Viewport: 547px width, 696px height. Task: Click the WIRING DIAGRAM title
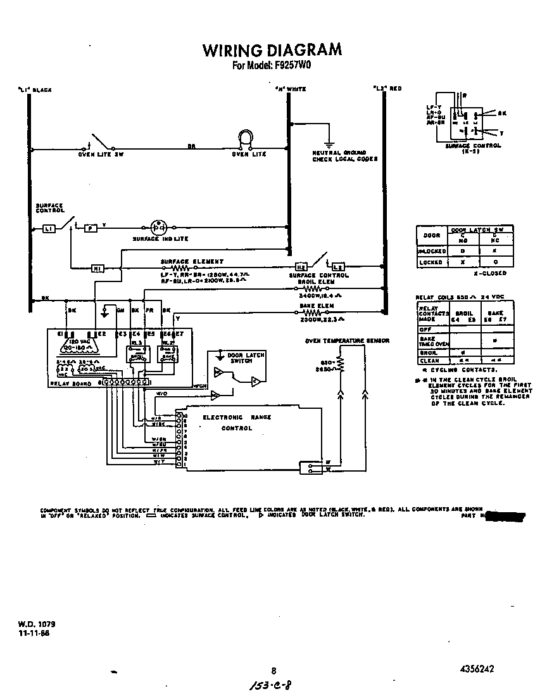pyautogui.click(x=272, y=50)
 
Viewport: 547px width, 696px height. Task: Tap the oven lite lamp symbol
pyautogui.click(x=245, y=139)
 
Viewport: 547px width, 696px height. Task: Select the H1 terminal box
pyautogui.click(x=97, y=269)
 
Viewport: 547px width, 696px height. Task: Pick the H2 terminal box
pyautogui.click(x=301, y=267)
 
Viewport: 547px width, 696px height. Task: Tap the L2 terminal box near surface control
pyautogui.click(x=337, y=267)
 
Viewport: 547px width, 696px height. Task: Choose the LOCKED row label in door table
pyautogui.click(x=431, y=262)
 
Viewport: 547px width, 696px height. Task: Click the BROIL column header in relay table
pyautogui.click(x=464, y=313)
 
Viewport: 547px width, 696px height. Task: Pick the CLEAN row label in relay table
pyautogui.click(x=429, y=361)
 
